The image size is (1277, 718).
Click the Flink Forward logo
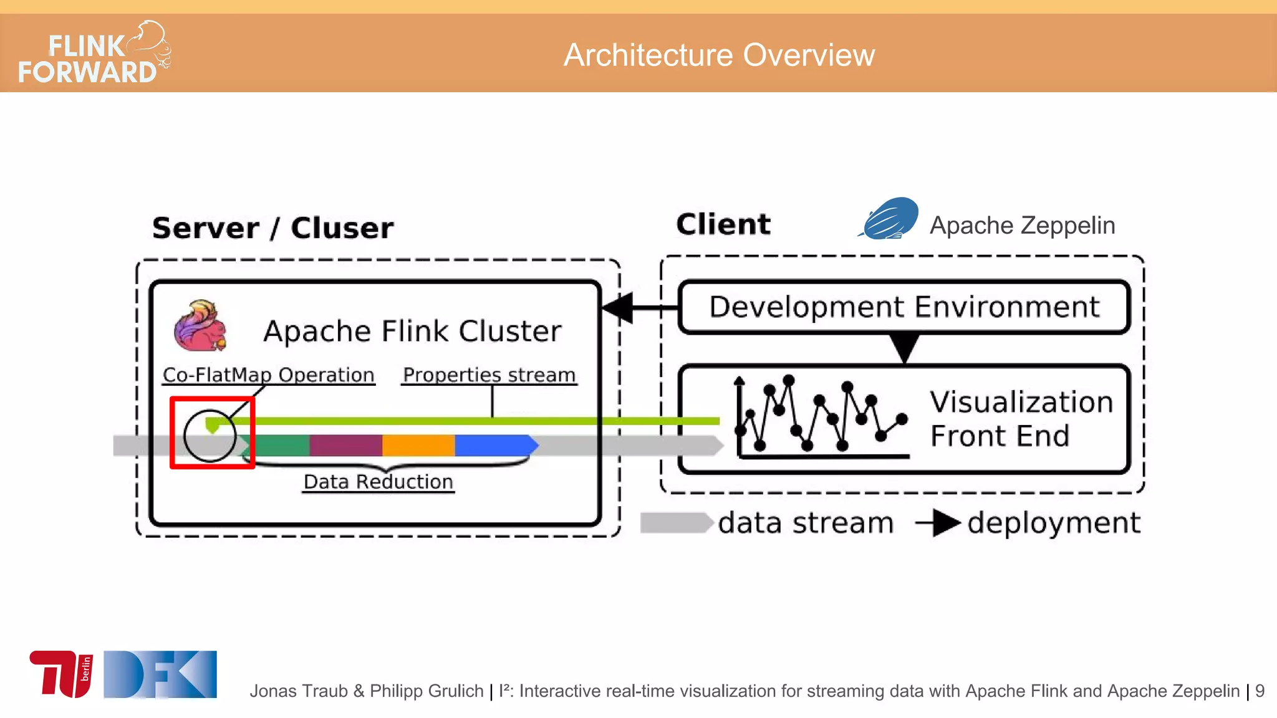coord(94,54)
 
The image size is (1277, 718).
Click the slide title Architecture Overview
coord(719,55)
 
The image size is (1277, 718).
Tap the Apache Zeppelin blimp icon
coord(889,219)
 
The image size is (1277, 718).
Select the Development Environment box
coord(904,307)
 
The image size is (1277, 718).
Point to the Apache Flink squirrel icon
coord(200,327)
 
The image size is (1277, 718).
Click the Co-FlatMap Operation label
coord(268,375)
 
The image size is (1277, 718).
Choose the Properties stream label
coord(489,375)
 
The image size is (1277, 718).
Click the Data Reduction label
coord(378,482)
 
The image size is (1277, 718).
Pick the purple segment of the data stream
coord(345,446)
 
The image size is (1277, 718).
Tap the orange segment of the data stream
coord(418,446)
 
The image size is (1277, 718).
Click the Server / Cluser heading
coord(272,228)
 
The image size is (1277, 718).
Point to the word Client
coord(723,224)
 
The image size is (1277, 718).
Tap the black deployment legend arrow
coord(938,523)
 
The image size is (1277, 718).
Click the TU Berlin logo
coord(61,674)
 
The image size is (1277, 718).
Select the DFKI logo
coord(160,674)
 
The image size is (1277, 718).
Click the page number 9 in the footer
coord(1260,691)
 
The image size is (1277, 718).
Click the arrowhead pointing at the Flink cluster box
coord(618,308)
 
